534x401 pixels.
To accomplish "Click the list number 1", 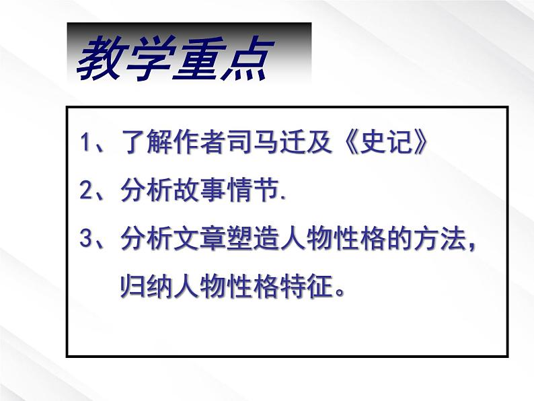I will [85, 144].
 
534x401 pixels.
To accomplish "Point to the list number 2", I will [85, 192].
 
